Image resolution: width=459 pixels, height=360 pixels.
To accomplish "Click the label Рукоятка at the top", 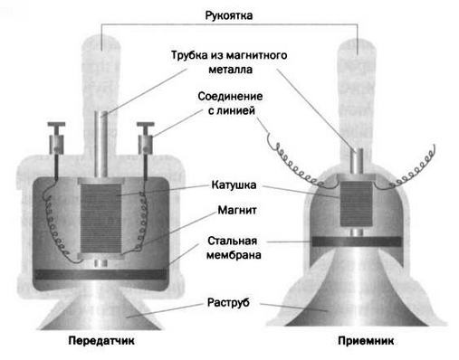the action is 229,15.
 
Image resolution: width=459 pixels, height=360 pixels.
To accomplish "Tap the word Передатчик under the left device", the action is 101,341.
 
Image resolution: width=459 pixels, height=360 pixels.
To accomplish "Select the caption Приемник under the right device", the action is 366,341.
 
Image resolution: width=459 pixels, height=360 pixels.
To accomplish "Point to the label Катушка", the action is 234,185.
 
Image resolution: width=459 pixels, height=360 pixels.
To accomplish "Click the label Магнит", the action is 237,210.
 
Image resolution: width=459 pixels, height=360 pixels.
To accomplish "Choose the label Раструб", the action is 228,302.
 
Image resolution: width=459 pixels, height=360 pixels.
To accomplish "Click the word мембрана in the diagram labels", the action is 234,255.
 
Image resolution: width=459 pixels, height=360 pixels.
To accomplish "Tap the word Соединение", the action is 230,97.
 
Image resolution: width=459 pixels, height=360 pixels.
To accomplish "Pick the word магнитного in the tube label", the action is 256,55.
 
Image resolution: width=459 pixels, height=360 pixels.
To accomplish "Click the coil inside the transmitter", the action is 100,219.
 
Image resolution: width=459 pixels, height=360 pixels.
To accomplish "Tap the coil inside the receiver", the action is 357,204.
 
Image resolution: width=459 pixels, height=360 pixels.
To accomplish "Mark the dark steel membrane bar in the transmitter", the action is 100,274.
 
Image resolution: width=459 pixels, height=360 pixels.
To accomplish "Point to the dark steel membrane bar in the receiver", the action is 357,242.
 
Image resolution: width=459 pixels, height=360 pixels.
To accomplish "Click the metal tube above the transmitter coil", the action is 100,144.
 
